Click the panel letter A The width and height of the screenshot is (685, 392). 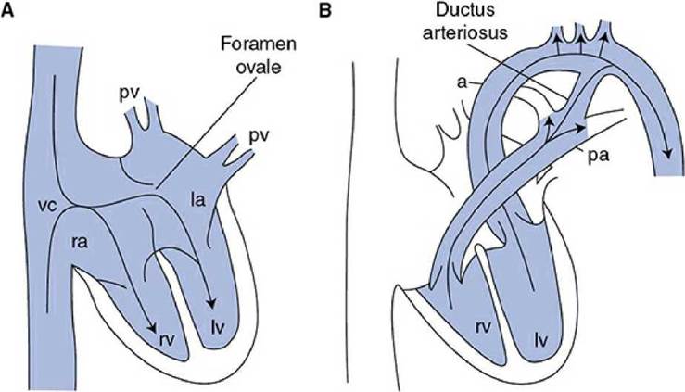(x=7, y=10)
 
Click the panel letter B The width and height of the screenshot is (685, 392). (x=326, y=10)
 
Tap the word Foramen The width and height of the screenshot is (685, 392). (x=259, y=44)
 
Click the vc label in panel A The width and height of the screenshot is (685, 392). (x=46, y=206)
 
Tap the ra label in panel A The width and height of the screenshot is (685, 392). (x=80, y=242)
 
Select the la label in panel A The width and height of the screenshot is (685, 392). (x=197, y=200)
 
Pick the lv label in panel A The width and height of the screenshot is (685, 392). (x=218, y=327)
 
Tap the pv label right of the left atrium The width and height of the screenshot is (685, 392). (x=259, y=137)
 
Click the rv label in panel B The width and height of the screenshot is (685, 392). (x=481, y=325)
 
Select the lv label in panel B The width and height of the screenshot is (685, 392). (x=540, y=339)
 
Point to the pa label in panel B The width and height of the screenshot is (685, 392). (x=598, y=156)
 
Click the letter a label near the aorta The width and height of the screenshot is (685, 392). (x=462, y=82)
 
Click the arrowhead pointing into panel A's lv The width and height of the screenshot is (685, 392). (x=212, y=302)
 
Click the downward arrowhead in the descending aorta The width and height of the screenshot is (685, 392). (x=667, y=153)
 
